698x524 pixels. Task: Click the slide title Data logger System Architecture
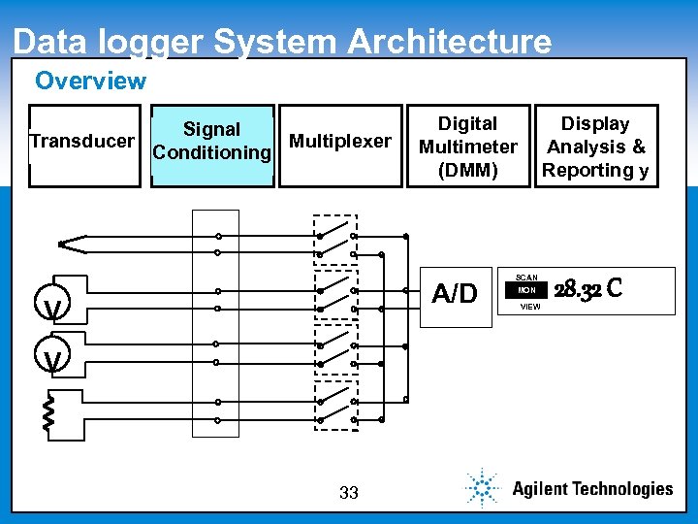tap(282, 42)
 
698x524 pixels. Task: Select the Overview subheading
tap(90, 81)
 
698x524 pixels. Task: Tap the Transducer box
tap(83, 144)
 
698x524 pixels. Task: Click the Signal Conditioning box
tap(212, 144)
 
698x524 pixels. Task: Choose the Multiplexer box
tap(339, 144)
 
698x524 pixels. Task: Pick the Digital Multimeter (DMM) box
tap(468, 146)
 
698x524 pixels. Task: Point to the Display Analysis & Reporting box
tap(596, 146)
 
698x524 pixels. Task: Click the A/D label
tap(455, 293)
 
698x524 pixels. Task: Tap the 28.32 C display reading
tap(587, 289)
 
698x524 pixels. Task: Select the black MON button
tap(527, 290)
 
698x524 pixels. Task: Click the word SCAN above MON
tap(526, 277)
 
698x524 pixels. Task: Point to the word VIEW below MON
tap(530, 307)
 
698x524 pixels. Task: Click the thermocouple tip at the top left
tap(64, 244)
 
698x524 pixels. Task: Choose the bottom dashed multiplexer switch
tap(336, 406)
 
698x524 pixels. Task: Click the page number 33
tap(349, 493)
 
